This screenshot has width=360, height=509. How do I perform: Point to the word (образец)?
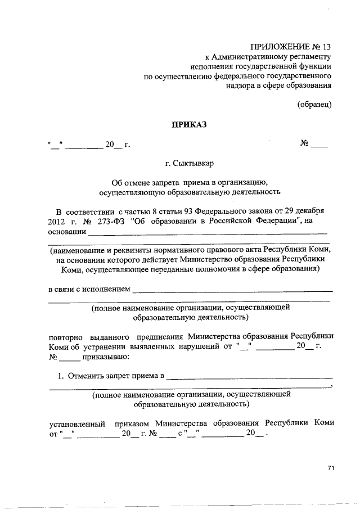click(314, 104)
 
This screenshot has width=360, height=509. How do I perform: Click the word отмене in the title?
click(135, 183)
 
